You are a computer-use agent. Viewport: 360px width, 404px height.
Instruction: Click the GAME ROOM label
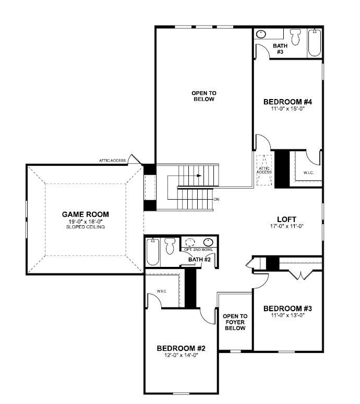86,214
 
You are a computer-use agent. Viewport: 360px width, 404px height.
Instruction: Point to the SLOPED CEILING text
86,227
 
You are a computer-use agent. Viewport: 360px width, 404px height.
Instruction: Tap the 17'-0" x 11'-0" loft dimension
287,226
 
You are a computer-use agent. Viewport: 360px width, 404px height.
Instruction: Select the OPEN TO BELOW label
204,96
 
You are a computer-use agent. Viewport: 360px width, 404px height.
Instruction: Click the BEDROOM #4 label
287,102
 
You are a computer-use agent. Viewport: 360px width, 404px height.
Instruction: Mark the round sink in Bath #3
261,34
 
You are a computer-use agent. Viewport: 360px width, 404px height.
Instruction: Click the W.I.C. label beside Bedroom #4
308,173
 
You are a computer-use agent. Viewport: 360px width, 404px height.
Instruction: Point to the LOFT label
287,219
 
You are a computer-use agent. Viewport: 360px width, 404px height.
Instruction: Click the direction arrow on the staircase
198,176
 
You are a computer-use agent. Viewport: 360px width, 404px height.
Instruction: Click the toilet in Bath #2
170,246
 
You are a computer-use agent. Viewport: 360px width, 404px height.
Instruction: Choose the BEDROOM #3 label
287,308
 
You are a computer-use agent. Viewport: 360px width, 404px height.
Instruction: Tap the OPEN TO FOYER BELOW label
235,329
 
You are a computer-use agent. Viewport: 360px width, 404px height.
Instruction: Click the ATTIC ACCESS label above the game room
112,161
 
